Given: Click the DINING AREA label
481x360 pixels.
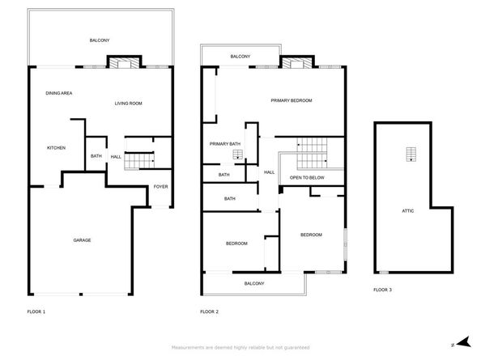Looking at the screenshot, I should coord(59,94).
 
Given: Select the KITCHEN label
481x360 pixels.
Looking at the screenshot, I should coord(56,147).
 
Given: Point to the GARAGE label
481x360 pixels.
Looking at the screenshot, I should coord(82,240).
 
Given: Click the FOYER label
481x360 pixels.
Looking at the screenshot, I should coord(160,187).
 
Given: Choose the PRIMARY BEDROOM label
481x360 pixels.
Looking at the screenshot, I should coord(291,100).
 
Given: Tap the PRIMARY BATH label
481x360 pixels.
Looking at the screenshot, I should coord(225,144).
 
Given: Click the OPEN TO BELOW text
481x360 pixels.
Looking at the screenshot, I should coord(307,177).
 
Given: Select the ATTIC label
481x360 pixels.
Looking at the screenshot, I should coord(407,210).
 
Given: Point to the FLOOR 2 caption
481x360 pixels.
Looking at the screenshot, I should coord(210,311).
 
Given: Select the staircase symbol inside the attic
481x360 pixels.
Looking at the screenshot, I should coord(411,155).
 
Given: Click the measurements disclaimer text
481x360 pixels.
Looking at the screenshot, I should coord(240,347).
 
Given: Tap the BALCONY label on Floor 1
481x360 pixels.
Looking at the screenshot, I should coord(99,40).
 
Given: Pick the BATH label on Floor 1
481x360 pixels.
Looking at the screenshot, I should coord(96,156).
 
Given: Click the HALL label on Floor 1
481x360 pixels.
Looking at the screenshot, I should coord(116,156).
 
